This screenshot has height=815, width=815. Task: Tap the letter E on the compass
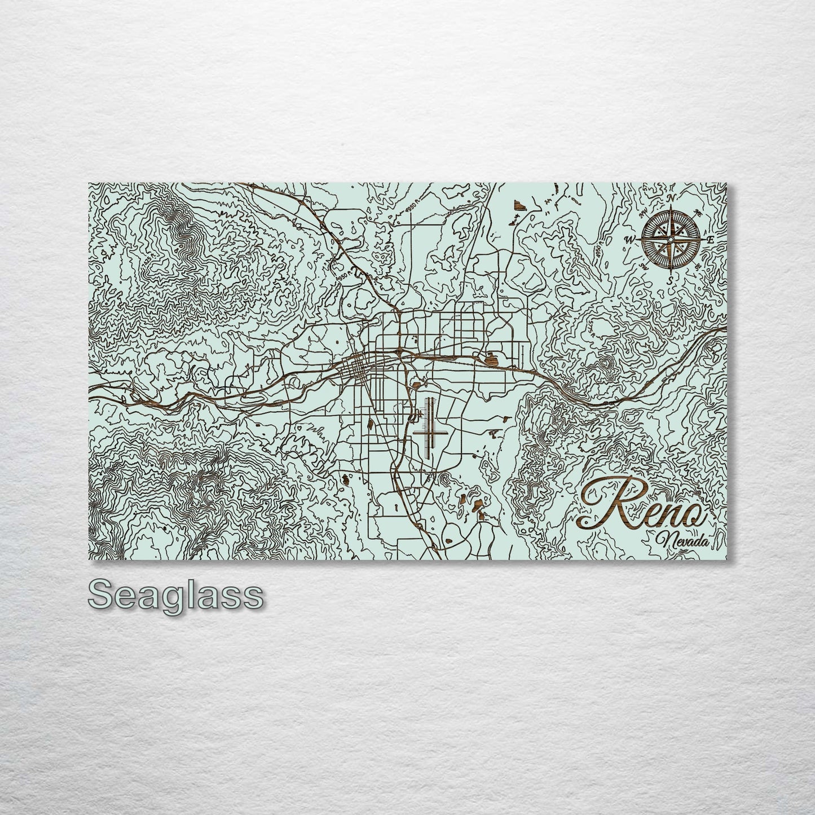point(711,239)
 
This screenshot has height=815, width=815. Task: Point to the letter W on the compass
point(628,239)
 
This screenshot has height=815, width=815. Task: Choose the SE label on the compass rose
point(698,266)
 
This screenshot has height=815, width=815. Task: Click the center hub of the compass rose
point(669,239)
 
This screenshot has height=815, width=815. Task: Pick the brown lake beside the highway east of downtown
point(489,358)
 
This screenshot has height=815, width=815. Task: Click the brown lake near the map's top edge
point(518,205)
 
